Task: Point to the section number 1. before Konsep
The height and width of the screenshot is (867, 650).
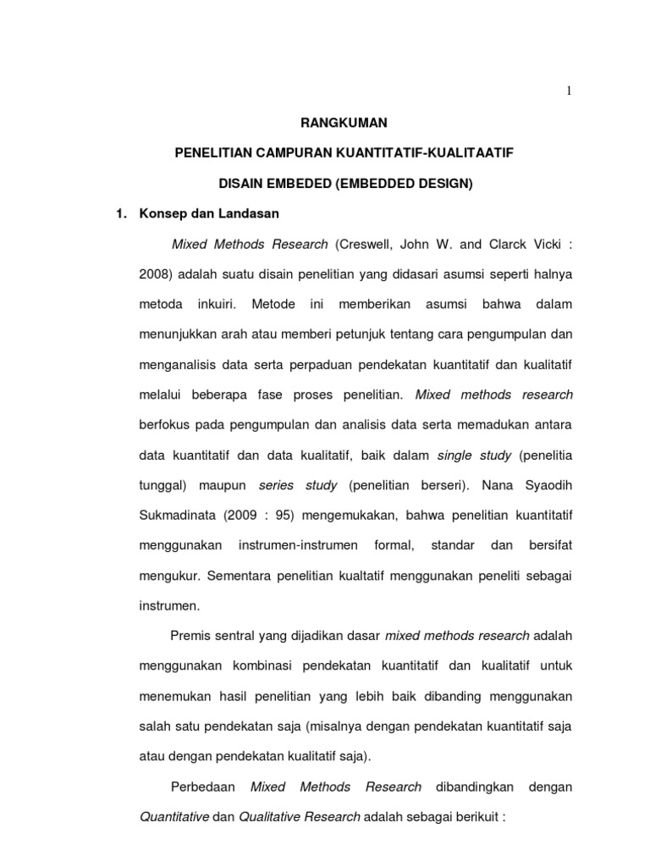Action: tap(121, 214)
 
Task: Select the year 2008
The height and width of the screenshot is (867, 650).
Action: tap(154, 275)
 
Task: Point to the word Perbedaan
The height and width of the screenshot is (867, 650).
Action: tap(203, 787)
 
